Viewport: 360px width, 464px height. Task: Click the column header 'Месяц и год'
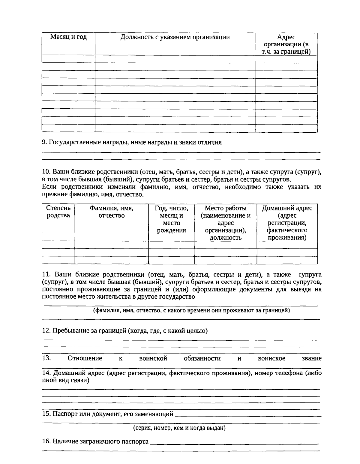tap(68, 37)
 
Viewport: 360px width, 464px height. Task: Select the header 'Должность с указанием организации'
tap(175, 37)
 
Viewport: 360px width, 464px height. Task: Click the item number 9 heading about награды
tap(132, 142)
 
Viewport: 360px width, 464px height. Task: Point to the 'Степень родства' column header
tap(58, 212)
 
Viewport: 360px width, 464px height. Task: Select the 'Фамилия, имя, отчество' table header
tap(111, 212)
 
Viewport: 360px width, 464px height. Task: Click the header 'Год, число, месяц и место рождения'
tap(171, 219)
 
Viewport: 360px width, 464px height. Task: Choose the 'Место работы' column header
tap(226, 223)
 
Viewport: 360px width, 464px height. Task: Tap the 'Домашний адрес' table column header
tap(287, 223)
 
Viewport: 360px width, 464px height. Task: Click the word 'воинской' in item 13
tap(153, 358)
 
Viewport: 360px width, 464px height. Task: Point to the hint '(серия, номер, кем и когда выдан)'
tap(179, 428)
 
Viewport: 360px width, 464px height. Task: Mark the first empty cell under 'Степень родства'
tap(58, 245)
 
